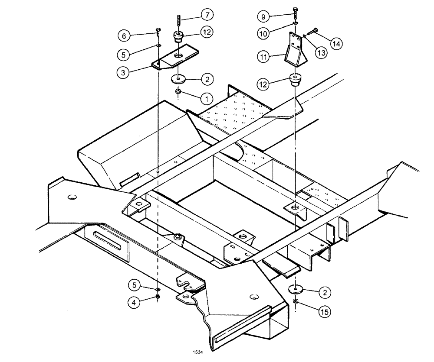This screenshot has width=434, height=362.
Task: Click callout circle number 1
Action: [207, 98]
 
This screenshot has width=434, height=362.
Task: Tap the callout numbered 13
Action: [322, 53]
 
